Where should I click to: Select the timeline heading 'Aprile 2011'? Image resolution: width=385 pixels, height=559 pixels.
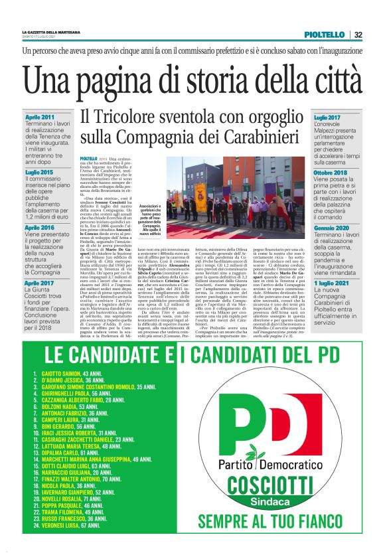tap(39, 118)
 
